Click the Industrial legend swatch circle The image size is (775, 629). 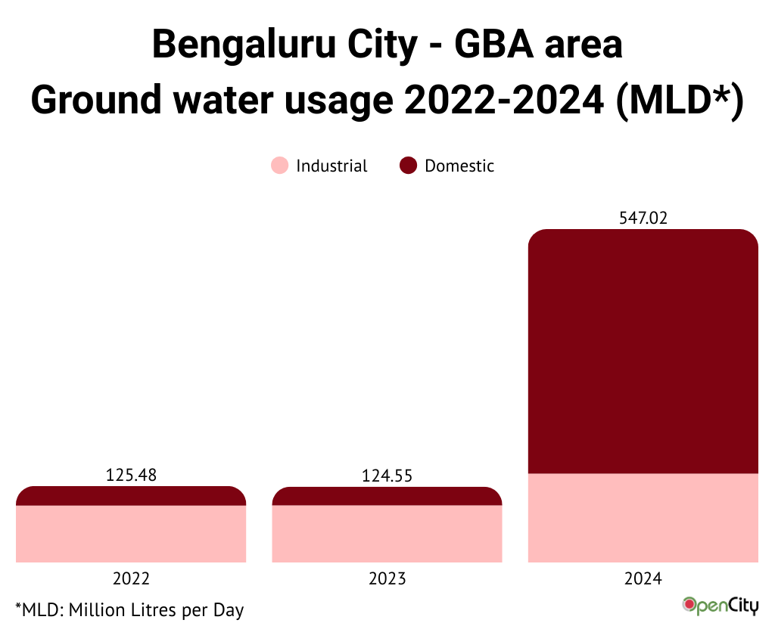tap(280, 166)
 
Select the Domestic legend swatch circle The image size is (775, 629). tap(409, 166)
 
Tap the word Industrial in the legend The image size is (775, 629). tap(331, 166)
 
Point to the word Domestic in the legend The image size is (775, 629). tap(459, 166)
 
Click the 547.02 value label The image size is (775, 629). tap(643, 218)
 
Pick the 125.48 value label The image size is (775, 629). tap(131, 476)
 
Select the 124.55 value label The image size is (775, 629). tap(387, 476)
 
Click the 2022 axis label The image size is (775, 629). tap(131, 579)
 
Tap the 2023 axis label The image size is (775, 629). tap(387, 579)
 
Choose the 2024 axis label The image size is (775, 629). tap(643, 579)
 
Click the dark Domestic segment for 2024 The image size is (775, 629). tap(643, 352)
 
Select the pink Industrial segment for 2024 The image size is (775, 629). tap(643, 518)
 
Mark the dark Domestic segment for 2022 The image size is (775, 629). tap(131, 496)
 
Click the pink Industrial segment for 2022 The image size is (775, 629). tap(131, 534)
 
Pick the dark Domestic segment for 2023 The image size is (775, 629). tap(387, 496)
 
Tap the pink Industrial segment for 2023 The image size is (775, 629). tap(387, 534)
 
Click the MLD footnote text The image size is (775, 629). tap(129, 609)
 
